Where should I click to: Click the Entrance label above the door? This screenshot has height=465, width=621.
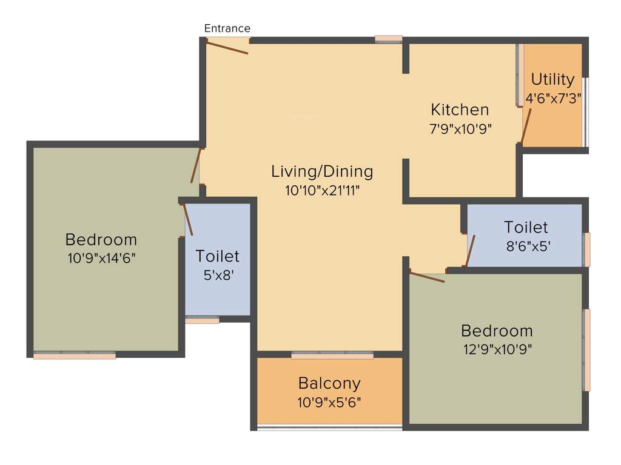pyautogui.click(x=227, y=28)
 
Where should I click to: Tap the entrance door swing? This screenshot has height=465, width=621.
pyautogui.click(x=227, y=46)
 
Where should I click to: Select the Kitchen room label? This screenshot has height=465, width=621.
pyautogui.click(x=460, y=110)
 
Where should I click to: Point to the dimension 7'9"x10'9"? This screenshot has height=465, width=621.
pyautogui.click(x=460, y=128)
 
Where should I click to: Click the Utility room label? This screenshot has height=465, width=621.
pyautogui.click(x=552, y=79)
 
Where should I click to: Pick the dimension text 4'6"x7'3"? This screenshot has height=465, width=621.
pyautogui.click(x=553, y=98)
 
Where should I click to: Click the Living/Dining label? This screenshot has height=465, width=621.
pyautogui.click(x=322, y=171)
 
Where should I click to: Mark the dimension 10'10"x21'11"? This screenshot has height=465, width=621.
pyautogui.click(x=322, y=191)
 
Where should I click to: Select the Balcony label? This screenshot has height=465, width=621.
pyautogui.click(x=329, y=383)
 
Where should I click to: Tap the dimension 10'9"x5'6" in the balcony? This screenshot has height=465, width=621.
pyautogui.click(x=329, y=402)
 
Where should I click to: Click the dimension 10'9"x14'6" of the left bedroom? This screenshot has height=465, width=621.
pyautogui.click(x=101, y=258)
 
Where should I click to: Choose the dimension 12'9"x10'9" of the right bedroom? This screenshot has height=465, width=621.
pyautogui.click(x=497, y=349)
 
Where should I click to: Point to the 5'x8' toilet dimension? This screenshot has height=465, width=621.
pyautogui.click(x=217, y=274)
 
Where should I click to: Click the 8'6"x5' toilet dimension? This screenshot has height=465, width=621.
pyautogui.click(x=526, y=246)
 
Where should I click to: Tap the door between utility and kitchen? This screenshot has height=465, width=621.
pyautogui.click(x=526, y=126)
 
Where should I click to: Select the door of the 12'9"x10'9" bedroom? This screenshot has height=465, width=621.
pyautogui.click(x=427, y=277)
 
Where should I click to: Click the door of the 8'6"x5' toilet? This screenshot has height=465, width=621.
pyautogui.click(x=469, y=251)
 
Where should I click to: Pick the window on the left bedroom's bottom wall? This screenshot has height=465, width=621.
pyautogui.click(x=74, y=355)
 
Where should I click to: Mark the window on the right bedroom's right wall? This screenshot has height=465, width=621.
pyautogui.click(x=586, y=350)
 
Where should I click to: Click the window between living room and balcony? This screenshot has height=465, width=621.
pyautogui.click(x=332, y=355)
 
